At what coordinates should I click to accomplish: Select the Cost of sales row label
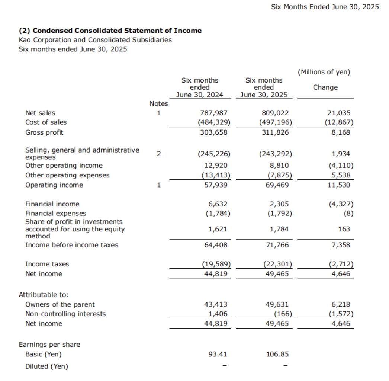46,122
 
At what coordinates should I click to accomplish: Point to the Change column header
325,87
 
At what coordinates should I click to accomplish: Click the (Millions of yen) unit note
324,72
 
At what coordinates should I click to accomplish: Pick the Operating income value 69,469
277,185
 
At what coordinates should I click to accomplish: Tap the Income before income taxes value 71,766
277,245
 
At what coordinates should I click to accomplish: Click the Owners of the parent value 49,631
277,304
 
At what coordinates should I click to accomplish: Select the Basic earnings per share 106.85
277,354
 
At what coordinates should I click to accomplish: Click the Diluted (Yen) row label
46,366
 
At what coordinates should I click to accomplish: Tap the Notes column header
158,103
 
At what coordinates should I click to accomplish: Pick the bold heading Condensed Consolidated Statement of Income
110,31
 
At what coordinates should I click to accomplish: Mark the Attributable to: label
43,294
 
